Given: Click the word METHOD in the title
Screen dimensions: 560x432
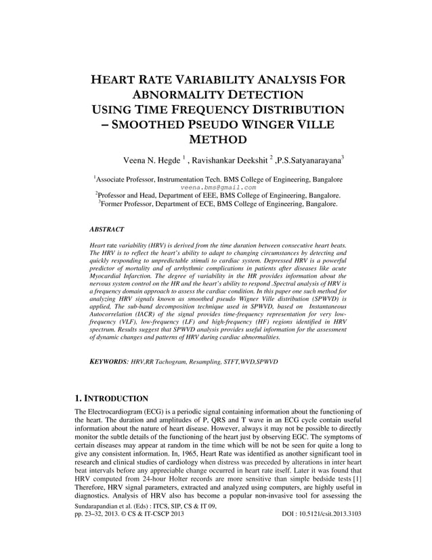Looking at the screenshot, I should click(x=217, y=140).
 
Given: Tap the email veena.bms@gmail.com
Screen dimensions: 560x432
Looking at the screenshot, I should click(x=219, y=187).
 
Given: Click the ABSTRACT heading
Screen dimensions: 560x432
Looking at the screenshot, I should click(x=106, y=231).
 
